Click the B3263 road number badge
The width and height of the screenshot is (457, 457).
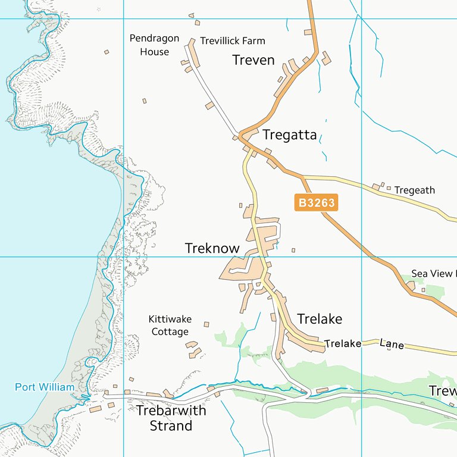316,203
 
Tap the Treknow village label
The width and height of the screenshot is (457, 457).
212,248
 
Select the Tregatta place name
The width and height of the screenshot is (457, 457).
289,134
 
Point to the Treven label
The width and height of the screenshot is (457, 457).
253,60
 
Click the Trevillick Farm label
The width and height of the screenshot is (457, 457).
232,41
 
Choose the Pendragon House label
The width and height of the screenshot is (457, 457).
154,45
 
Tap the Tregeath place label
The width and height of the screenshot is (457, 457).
415,190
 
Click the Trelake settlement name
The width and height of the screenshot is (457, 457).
320,319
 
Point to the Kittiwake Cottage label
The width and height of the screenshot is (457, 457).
169,325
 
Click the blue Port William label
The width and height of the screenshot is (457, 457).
45,387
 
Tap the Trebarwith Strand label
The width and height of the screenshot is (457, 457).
171,418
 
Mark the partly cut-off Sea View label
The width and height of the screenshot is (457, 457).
433,274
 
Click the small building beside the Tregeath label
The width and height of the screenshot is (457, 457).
389,189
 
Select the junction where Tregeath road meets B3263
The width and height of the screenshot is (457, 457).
303,177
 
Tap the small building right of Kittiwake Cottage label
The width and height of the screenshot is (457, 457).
206,324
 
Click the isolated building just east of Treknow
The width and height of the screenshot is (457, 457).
293,250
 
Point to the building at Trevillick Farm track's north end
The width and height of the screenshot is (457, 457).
192,42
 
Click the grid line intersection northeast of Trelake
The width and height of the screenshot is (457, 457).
362,257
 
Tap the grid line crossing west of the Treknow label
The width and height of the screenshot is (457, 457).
123,257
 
